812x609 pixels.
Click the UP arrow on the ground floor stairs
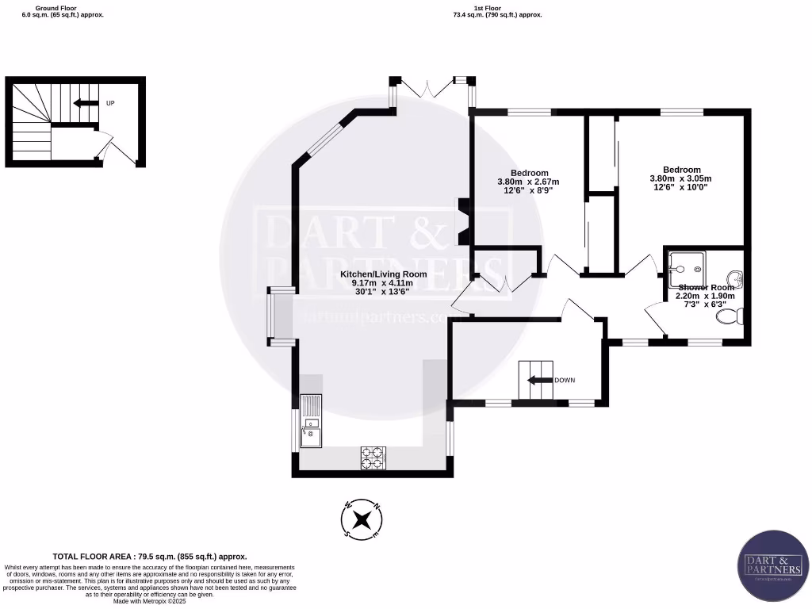(82, 103)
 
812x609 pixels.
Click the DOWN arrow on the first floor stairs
(538, 380)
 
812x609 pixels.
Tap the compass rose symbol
(362, 520)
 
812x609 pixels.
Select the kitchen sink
(310, 421)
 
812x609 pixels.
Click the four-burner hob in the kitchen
(373, 456)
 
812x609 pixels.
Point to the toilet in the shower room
(728, 317)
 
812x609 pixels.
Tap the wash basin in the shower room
(737, 278)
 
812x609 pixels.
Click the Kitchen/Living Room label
(384, 274)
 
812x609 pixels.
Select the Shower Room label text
(701, 288)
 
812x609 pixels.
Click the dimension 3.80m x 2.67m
(529, 182)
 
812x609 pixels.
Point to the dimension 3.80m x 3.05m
(681, 178)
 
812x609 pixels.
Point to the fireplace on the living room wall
(462, 223)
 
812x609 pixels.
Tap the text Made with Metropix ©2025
(150, 601)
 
